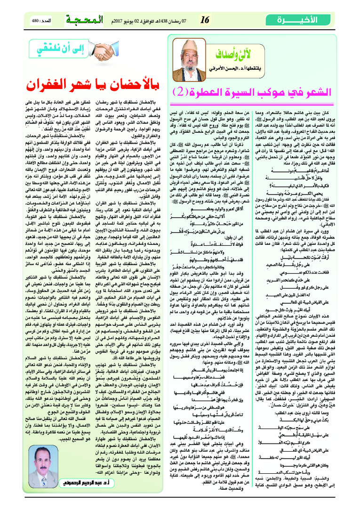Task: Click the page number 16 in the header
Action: [x=204, y=20]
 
